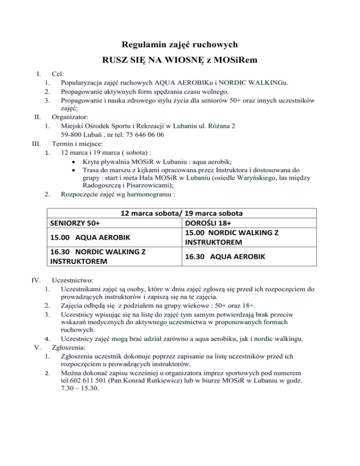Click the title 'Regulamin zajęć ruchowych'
180,45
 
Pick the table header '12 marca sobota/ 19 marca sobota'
180,212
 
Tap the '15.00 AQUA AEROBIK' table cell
90,237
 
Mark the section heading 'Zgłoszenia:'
69,348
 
